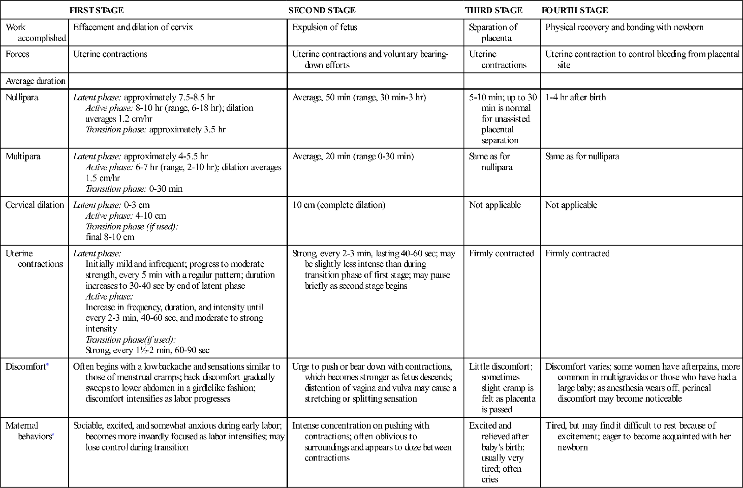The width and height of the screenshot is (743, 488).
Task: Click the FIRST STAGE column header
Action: (97, 10)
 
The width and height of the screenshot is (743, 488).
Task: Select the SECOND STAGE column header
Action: (322, 10)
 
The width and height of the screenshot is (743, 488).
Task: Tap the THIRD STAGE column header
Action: (494, 10)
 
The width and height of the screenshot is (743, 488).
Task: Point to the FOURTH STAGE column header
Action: (574, 10)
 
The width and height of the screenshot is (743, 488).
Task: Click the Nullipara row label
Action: (21, 98)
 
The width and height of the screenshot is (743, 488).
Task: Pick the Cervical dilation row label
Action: (34, 205)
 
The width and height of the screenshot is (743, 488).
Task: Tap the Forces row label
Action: (17, 54)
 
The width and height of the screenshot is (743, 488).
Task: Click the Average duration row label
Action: (35, 81)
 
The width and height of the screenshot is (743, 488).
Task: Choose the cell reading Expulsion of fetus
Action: (325, 27)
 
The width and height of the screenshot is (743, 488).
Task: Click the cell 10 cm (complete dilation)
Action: (339, 205)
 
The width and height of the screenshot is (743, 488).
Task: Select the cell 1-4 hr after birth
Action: (575, 98)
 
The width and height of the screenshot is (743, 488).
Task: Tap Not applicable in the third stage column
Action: (495, 205)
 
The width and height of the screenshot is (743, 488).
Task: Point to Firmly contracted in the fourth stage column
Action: (577, 254)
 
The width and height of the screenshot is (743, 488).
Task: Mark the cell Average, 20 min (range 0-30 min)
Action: (353, 156)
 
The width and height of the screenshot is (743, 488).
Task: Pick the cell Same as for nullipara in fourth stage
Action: (582, 156)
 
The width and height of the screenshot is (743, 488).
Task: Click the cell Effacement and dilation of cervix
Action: (133, 27)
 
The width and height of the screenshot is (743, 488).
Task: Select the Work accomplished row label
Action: (35, 33)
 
